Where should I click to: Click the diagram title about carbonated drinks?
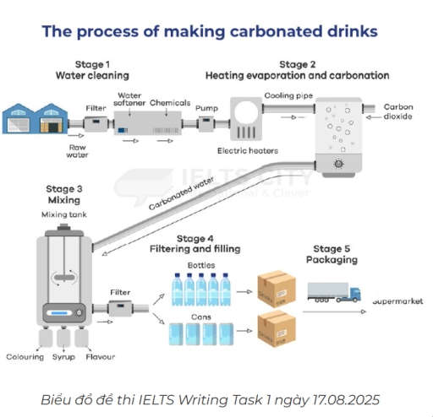[210, 32]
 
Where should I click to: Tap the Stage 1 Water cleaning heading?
[94, 70]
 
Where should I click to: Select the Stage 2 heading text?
[297, 70]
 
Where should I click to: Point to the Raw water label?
[78, 149]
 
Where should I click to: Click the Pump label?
[206, 108]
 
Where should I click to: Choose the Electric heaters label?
[247, 151]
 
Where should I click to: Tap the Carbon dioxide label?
[398, 111]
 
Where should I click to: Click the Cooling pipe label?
[287, 95]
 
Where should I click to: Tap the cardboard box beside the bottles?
[276, 289]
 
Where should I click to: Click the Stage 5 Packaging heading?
[334, 254]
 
